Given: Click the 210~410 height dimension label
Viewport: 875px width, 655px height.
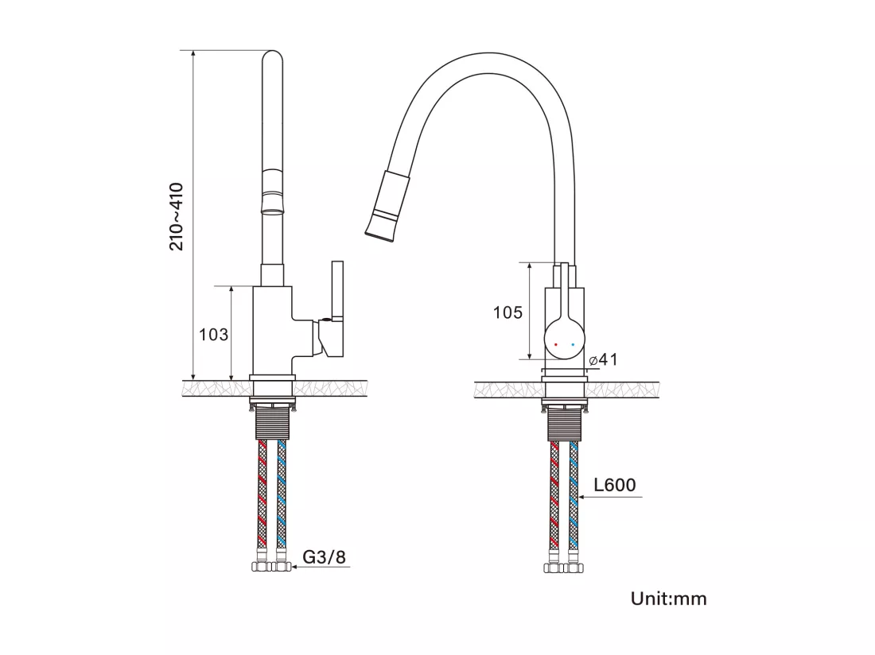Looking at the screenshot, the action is [x=177, y=216].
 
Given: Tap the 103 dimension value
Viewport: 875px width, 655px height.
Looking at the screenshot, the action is [x=214, y=335].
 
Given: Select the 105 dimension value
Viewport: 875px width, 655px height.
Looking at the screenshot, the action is [x=507, y=312].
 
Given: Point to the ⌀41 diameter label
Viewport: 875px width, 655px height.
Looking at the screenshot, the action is [x=603, y=359].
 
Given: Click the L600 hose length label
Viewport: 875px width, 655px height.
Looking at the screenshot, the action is [x=614, y=484].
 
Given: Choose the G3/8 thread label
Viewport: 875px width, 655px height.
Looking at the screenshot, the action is [x=325, y=556].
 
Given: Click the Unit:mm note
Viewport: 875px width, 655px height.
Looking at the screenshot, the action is [x=668, y=599].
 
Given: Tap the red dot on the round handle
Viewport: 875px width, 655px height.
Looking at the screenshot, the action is [x=556, y=345].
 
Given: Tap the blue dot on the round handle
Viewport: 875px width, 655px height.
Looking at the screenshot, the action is [x=573, y=345].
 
